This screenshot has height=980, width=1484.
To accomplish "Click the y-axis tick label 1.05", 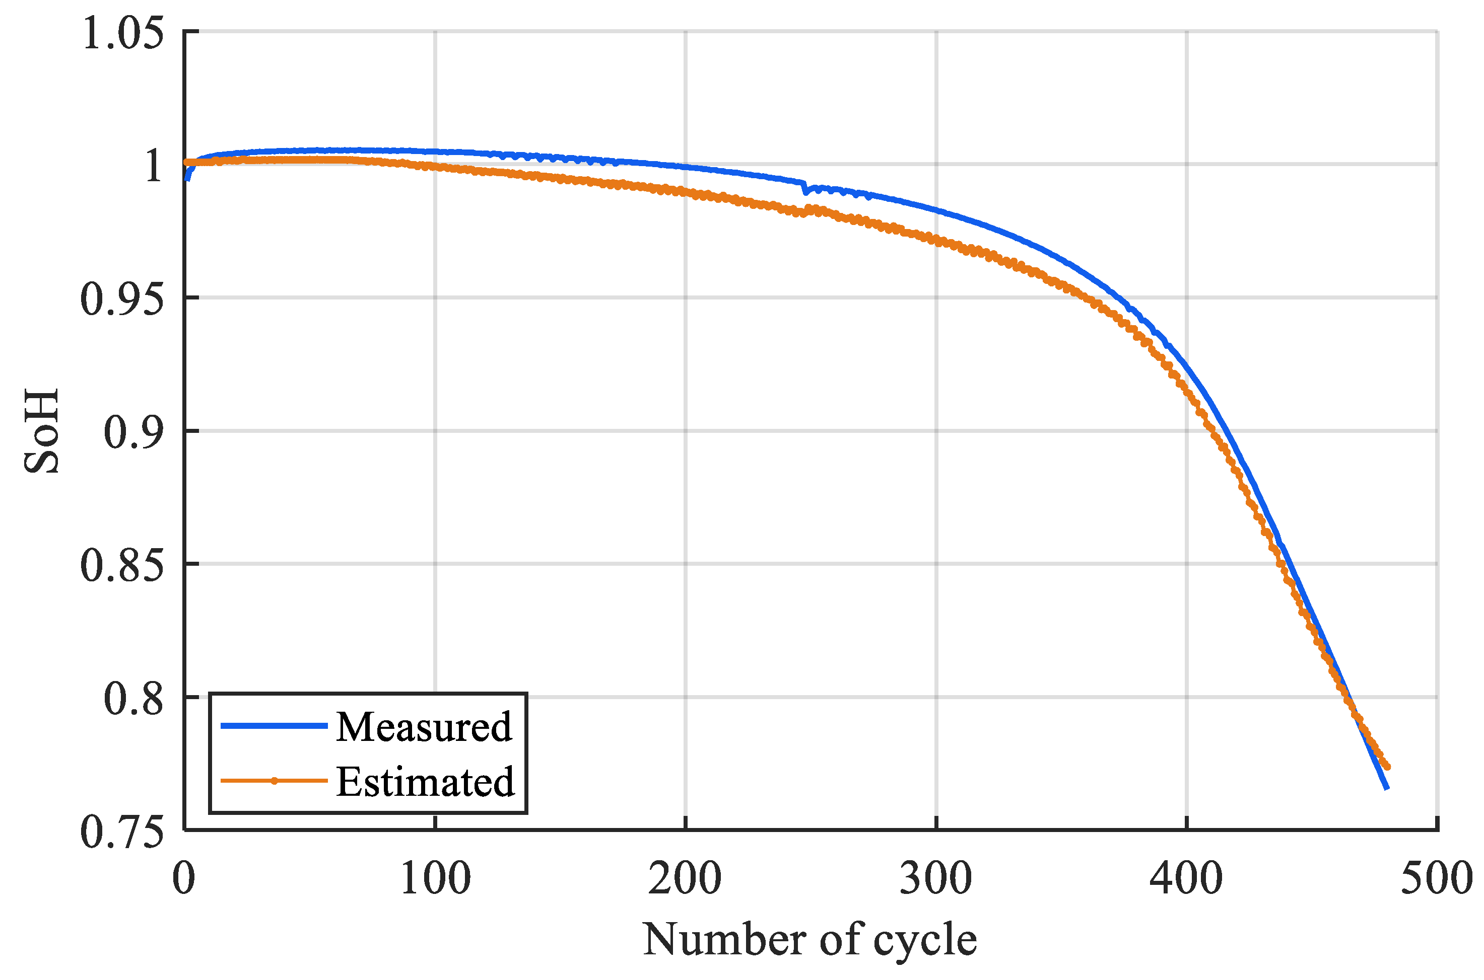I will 122,33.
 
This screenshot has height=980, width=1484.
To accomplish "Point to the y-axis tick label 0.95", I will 122,299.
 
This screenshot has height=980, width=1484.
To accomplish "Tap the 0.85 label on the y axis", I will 122,566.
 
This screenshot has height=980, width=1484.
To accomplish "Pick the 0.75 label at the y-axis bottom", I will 122,833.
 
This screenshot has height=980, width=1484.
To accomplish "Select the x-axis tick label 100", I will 435,879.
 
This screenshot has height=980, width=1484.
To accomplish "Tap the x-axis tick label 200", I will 686,879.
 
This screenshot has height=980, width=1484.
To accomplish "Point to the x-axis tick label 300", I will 936,879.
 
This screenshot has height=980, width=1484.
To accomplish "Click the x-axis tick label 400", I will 1186,879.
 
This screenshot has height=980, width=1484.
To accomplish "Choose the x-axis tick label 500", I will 1437,879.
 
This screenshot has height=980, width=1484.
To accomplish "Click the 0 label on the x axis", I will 184,879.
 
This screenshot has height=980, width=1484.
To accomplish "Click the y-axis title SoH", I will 42,431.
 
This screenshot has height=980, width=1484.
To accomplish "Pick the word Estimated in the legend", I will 425,781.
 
